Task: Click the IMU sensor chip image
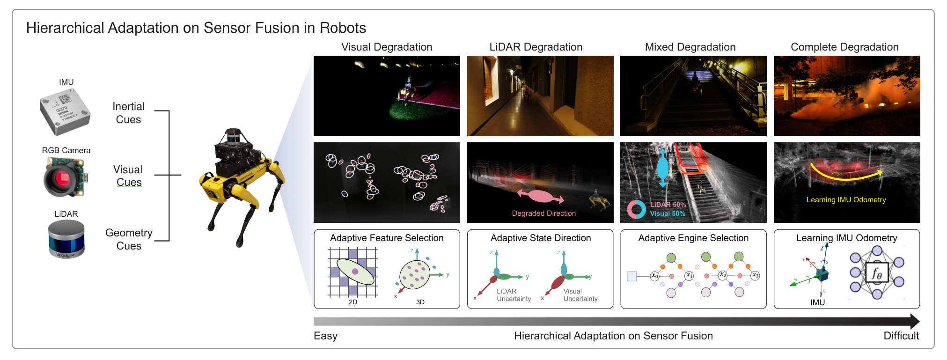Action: point(65,112)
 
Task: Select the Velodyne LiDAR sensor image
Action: point(66,239)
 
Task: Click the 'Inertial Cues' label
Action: point(128,113)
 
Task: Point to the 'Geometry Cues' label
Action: point(129,239)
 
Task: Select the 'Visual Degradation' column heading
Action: point(387,47)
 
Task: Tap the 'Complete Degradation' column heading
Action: point(844,47)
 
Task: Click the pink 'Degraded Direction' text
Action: point(544,213)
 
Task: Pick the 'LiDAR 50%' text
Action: point(668,205)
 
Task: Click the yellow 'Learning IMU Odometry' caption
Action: point(846,200)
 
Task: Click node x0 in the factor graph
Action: point(654,276)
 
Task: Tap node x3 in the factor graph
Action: point(755,275)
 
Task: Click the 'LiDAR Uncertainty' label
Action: point(514,295)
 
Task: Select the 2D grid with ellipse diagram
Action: point(353,272)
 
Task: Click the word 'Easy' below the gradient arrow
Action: point(325,336)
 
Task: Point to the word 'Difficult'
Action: point(901,336)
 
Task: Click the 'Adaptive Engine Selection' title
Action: point(693,238)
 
